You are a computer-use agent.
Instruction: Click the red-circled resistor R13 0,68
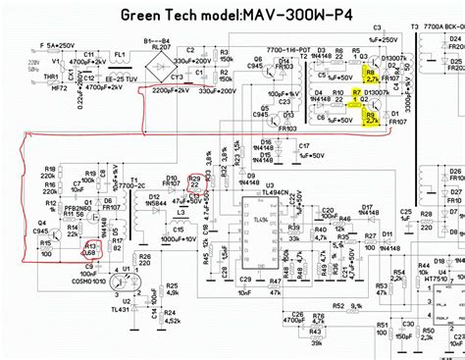90,250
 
